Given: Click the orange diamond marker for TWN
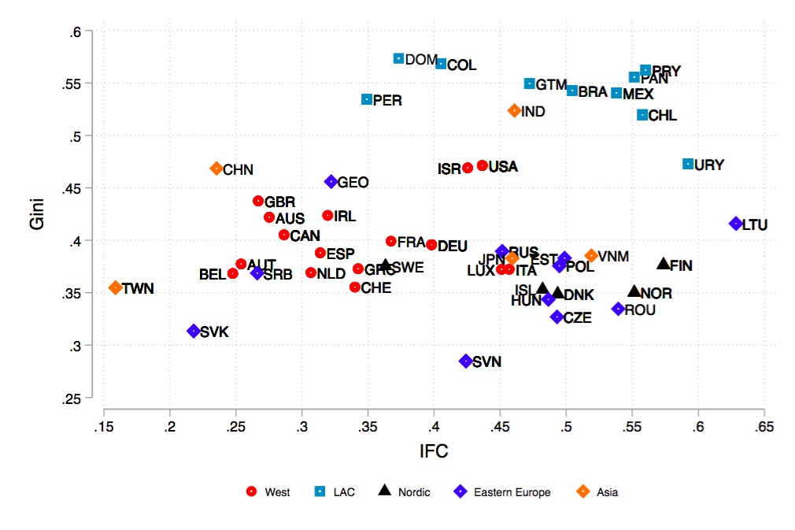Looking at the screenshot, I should pos(116,287).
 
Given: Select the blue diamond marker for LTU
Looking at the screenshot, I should pos(736,224).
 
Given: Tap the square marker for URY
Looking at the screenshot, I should pos(688,164).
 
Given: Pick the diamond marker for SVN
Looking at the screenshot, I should pos(466,361).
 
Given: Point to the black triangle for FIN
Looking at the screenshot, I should pos(664,264).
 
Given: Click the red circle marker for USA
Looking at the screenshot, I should pos(483,165).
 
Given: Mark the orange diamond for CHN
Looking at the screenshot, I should pos(216,169).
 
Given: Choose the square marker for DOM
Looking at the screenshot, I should pos(399,58).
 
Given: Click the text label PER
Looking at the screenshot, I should pos(388,100).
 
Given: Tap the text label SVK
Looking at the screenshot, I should pos(214,332).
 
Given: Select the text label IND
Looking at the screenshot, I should pos(533,112).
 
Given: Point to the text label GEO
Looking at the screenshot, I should pos(353,182).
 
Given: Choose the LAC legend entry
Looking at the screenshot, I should pos(335,492).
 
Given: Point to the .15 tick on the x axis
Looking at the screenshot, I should pos(104,427).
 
